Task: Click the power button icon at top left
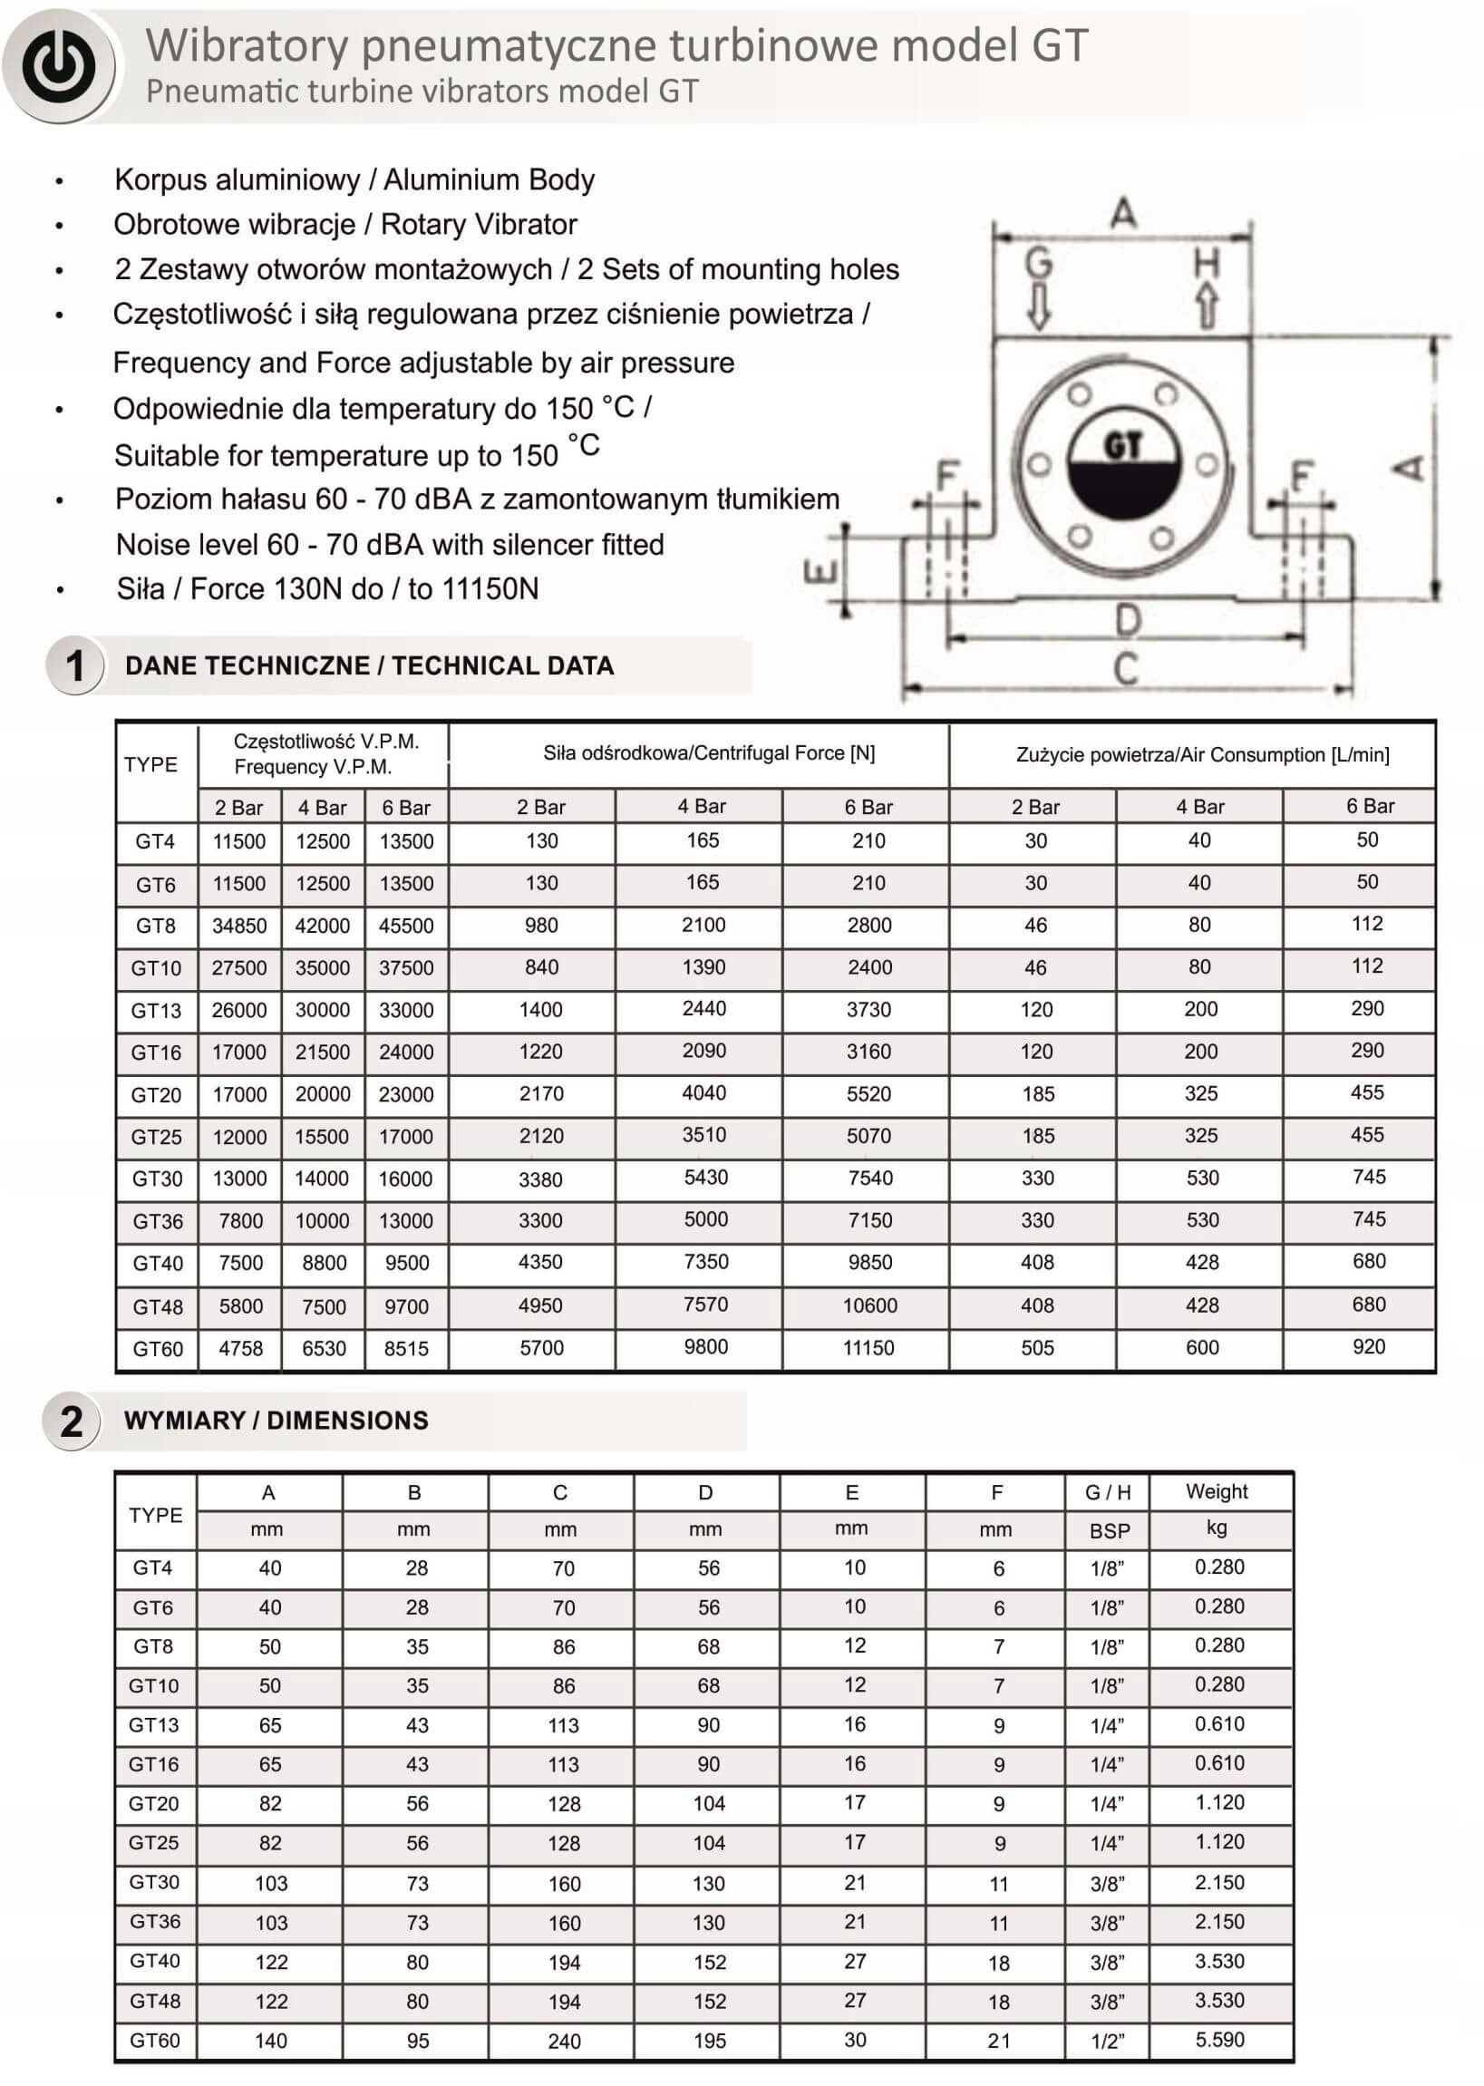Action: (59, 66)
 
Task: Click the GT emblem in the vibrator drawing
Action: (1123, 464)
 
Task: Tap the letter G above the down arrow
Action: (1038, 263)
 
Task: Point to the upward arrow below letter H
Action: (1207, 305)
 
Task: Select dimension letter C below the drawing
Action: (1126, 668)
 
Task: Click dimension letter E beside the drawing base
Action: (820, 572)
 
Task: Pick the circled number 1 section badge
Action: (74, 665)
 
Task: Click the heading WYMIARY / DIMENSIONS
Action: (276, 1420)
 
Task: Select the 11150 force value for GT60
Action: (868, 1348)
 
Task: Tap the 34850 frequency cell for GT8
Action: (239, 926)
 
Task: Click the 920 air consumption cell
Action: (1368, 1347)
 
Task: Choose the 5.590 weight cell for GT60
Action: (1219, 2040)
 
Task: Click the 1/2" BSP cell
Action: (1107, 2042)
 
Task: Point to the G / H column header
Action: (1108, 1492)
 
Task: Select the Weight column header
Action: (1217, 1491)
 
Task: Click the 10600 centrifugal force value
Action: (869, 1305)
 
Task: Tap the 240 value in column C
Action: (564, 2042)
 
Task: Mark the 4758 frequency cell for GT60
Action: (240, 1349)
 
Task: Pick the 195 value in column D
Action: (709, 2042)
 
